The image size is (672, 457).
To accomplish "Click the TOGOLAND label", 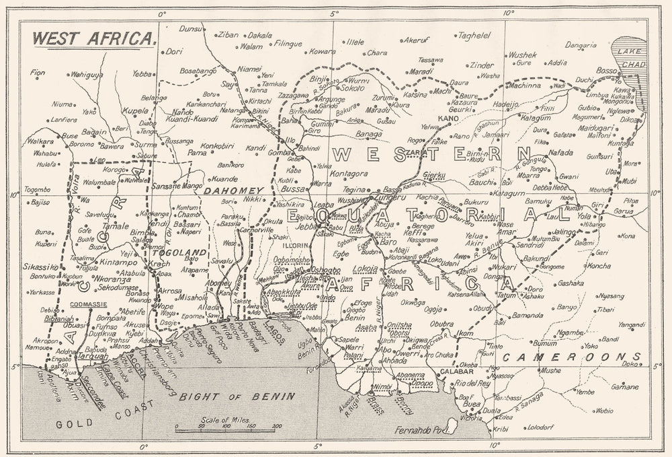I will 178,252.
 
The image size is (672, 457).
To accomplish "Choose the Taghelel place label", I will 478,35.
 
